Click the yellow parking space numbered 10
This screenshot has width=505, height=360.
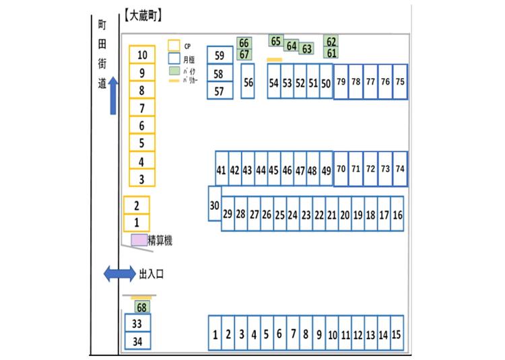[142, 55]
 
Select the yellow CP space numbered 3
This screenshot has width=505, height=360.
[142, 179]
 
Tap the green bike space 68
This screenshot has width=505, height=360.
[141, 308]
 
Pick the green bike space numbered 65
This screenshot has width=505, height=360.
[275, 41]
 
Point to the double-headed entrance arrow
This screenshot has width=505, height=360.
[119, 274]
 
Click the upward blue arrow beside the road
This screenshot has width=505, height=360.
[113, 95]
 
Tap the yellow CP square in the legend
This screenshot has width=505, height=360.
[173, 44]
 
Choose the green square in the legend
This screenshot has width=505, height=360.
[173, 70]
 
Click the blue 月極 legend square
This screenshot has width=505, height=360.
[173, 58]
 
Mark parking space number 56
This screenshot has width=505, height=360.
[248, 82]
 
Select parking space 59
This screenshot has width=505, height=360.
[220, 55]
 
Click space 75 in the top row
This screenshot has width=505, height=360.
[400, 81]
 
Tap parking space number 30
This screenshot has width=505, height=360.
[214, 205]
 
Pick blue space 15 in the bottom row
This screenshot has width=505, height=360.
[396, 334]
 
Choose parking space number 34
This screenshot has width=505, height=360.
[137, 341]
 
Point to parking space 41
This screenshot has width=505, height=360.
[221, 171]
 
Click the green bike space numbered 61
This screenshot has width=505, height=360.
[331, 53]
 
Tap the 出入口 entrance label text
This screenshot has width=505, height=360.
[151, 274]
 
